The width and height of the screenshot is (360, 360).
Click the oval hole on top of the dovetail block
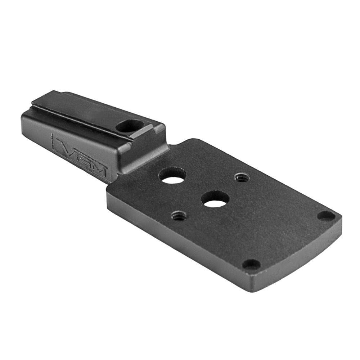point(130,126)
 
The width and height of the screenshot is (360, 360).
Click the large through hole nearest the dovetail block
point(172,175)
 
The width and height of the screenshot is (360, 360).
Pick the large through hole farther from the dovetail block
point(215,199)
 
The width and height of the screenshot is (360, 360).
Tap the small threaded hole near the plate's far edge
point(241,177)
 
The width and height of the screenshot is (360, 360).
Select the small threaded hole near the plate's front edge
point(179,216)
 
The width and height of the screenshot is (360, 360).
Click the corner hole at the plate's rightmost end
point(326,216)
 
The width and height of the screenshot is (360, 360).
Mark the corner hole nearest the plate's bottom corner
point(251,265)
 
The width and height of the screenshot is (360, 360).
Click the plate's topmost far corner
point(196,140)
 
